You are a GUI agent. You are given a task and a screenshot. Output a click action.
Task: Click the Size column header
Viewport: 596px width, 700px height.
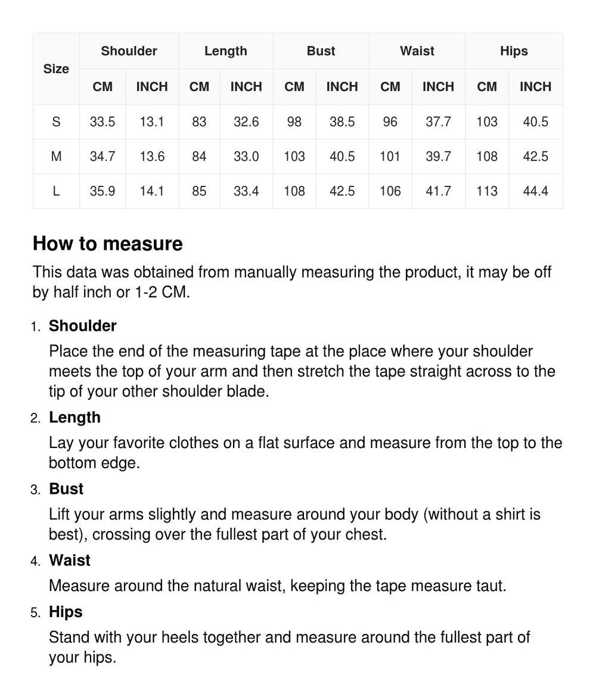click(56, 69)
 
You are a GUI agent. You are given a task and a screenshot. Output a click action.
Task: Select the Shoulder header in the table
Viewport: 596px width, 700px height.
click(129, 51)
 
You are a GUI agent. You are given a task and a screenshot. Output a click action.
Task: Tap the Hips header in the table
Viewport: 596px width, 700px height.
click(514, 51)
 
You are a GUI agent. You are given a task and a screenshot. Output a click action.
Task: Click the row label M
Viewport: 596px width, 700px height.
click(56, 157)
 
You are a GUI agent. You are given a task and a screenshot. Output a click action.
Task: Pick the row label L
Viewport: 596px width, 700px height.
click(56, 191)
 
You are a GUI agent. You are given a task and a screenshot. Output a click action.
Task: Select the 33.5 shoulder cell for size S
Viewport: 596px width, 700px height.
click(103, 122)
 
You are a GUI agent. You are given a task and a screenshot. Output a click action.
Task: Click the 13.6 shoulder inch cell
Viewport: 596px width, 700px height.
click(152, 157)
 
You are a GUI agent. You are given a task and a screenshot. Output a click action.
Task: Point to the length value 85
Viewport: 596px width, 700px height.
click(199, 191)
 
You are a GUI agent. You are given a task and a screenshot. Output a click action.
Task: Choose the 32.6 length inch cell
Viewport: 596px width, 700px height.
click(246, 122)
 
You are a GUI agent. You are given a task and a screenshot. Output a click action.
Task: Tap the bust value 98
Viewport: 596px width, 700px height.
click(294, 122)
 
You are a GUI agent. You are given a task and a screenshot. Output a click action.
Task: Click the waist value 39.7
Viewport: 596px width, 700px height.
click(438, 157)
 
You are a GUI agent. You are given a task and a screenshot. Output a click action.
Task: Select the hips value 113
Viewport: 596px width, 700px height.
click(487, 191)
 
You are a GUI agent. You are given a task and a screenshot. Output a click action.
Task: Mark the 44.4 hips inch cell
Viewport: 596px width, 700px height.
click(535, 191)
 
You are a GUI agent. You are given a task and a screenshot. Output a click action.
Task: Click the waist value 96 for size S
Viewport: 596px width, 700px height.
click(390, 122)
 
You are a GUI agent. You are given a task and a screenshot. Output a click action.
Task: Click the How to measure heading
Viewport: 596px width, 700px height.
click(107, 244)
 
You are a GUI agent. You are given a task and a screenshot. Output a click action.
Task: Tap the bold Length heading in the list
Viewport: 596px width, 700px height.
click(74, 418)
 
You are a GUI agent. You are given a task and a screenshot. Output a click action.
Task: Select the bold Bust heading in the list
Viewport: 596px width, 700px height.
click(66, 489)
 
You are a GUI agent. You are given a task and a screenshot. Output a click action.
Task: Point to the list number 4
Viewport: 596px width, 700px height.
click(35, 561)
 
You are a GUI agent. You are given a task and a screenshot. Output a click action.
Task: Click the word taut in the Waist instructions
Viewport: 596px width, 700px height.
click(493, 586)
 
